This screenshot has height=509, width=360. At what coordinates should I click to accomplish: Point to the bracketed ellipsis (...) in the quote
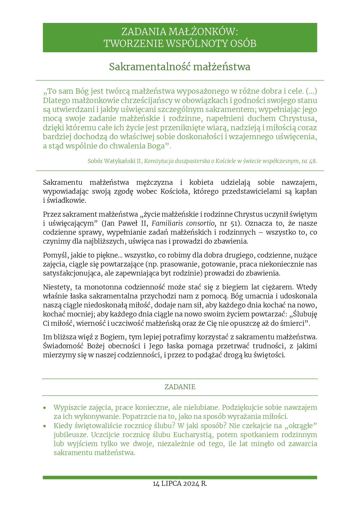311,91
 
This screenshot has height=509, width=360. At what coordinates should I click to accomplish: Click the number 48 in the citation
313,161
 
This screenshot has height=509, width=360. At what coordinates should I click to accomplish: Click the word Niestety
57,287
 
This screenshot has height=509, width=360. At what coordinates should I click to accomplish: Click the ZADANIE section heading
180,387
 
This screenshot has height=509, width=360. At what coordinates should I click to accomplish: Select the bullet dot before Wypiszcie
45,408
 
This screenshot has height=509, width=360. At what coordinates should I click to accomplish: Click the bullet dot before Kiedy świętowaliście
45,426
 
